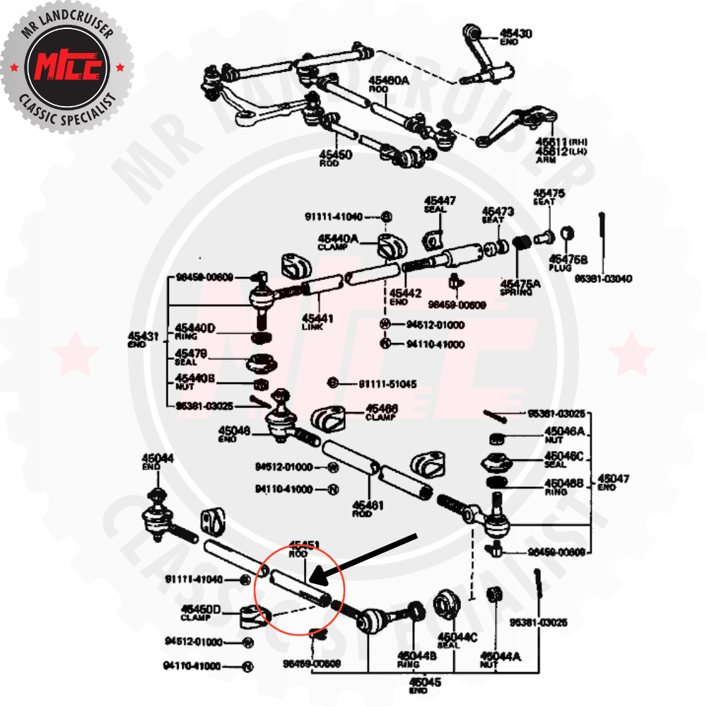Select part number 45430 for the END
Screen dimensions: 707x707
516,33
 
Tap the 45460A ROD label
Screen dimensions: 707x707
388,84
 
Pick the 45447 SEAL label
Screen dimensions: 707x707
440,204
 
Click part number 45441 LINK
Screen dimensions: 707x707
317,322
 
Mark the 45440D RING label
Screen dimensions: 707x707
194,330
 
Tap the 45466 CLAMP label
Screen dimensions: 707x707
382,411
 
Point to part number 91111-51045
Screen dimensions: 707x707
387,384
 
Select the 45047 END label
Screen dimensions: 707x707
613,481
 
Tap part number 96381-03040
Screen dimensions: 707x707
602,279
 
